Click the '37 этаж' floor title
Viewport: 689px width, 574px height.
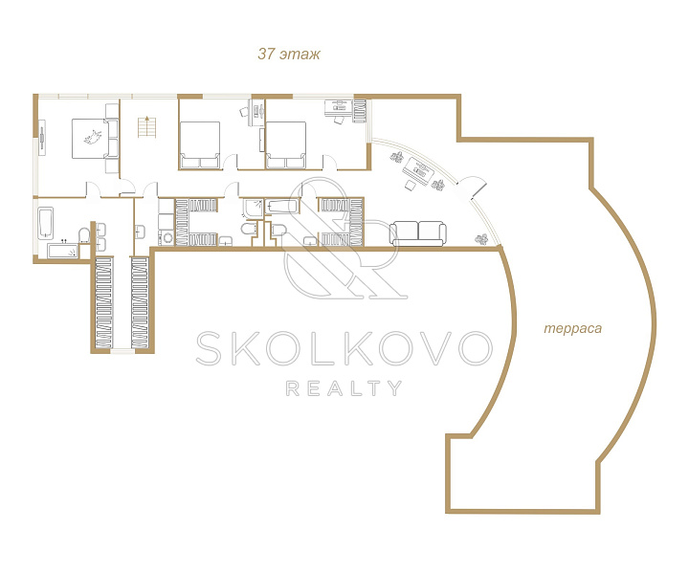pyautogui.click(x=289, y=54)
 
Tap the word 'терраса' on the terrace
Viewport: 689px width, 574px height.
pyautogui.click(x=572, y=328)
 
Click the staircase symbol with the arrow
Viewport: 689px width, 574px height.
pyautogui.click(x=146, y=126)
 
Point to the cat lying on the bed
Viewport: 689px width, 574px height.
pyautogui.click(x=94, y=137)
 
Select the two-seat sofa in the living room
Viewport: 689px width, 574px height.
pyautogui.click(x=418, y=233)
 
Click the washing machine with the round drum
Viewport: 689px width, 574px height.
pyautogui.click(x=167, y=238)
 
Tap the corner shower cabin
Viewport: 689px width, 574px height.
pyautogui.click(x=253, y=209)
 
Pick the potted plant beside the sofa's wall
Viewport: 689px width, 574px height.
pyautogui.click(x=481, y=238)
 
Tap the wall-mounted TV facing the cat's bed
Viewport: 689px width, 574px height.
pyautogui.click(x=42, y=138)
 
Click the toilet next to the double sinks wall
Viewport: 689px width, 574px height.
pyautogui.click(x=84, y=235)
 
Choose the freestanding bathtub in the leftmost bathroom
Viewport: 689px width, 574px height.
pyautogui.click(x=46, y=224)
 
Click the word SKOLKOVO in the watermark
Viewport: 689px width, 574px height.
pyautogui.click(x=344, y=348)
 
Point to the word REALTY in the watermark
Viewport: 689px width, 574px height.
pyautogui.click(x=344, y=388)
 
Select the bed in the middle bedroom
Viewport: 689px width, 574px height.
pyautogui.click(x=199, y=145)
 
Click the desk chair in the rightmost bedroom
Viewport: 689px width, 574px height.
pyautogui.click(x=339, y=119)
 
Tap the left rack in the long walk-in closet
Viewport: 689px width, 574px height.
pyautogui.click(x=103, y=303)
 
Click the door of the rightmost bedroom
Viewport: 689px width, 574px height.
pyautogui.click(x=330, y=162)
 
